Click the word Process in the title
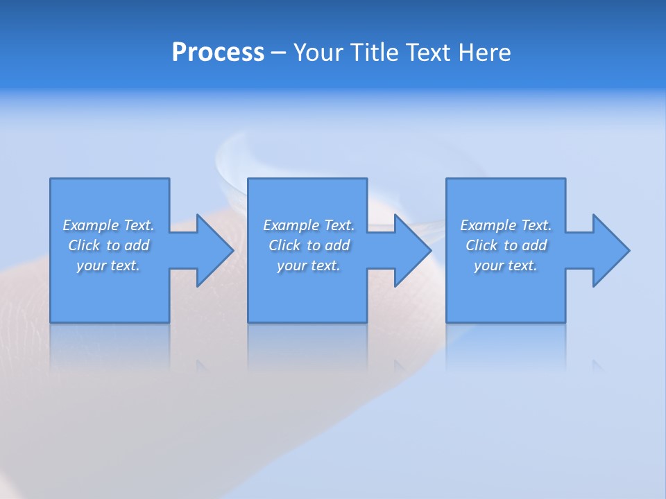click(218, 53)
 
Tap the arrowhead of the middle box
click(411, 250)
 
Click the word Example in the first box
click(90, 225)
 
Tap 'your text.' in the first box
click(108, 265)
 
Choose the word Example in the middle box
click(291, 225)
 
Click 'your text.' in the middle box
click(309, 265)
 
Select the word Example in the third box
click(488, 225)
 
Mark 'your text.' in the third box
click(506, 265)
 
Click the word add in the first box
click(137, 245)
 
